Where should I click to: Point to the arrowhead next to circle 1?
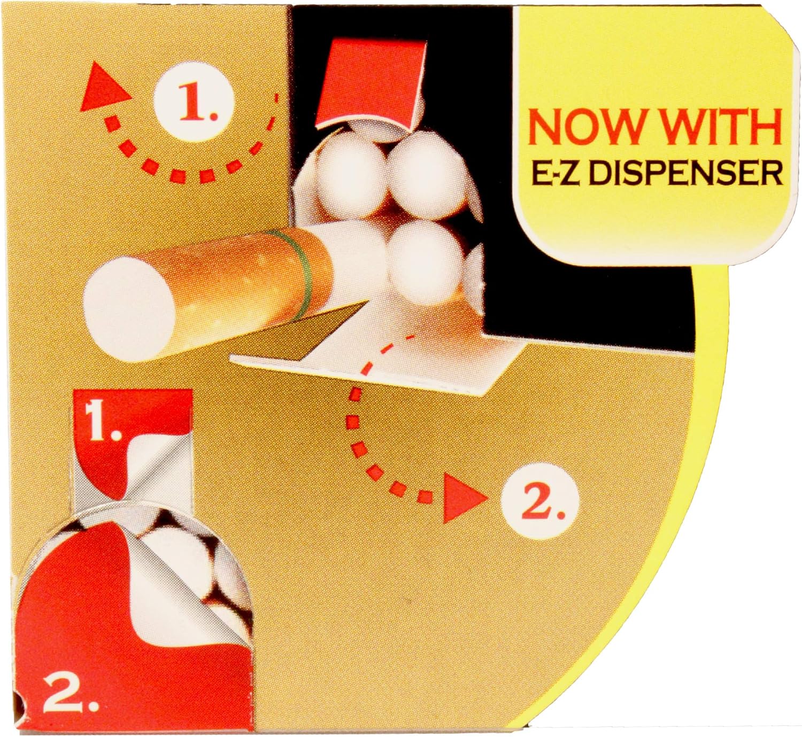coord(106,88)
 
